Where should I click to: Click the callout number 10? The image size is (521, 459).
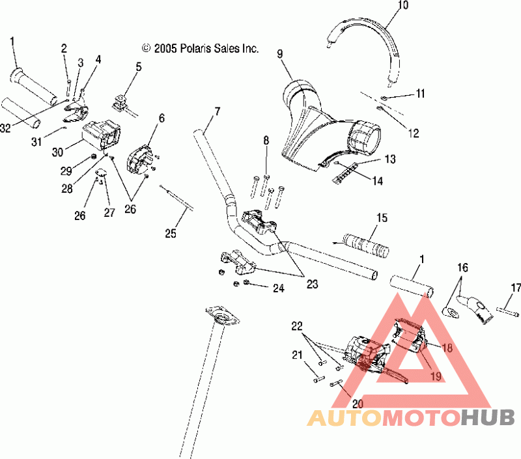point(402,5)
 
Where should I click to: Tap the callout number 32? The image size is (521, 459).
point(5,128)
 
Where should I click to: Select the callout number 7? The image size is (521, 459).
point(218,111)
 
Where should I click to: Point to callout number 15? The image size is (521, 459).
point(382,218)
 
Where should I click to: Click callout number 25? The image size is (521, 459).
point(171,233)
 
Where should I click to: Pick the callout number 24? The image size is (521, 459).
point(279,288)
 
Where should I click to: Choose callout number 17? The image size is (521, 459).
point(516,287)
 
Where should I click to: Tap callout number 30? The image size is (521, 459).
point(57,152)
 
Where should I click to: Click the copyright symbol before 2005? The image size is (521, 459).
point(146,48)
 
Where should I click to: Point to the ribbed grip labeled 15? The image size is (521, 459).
point(365,245)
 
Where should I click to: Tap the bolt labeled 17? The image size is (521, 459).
point(508,312)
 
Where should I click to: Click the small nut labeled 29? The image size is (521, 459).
point(94,157)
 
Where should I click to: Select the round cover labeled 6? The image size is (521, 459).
point(139,159)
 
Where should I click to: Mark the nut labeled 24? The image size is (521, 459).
point(246,283)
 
